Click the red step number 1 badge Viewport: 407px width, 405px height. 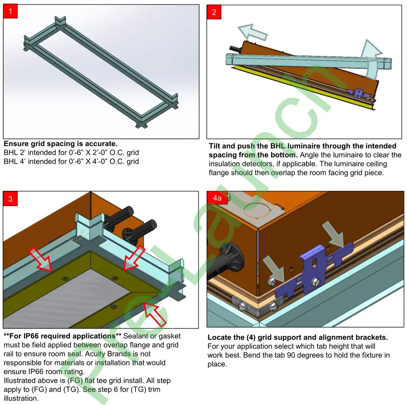[10, 12]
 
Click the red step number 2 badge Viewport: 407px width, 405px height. [214, 12]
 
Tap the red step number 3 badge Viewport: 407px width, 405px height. [10, 199]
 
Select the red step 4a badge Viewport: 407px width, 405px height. [216, 198]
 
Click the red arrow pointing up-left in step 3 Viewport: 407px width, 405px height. [155, 313]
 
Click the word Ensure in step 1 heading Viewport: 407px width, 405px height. [16, 144]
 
